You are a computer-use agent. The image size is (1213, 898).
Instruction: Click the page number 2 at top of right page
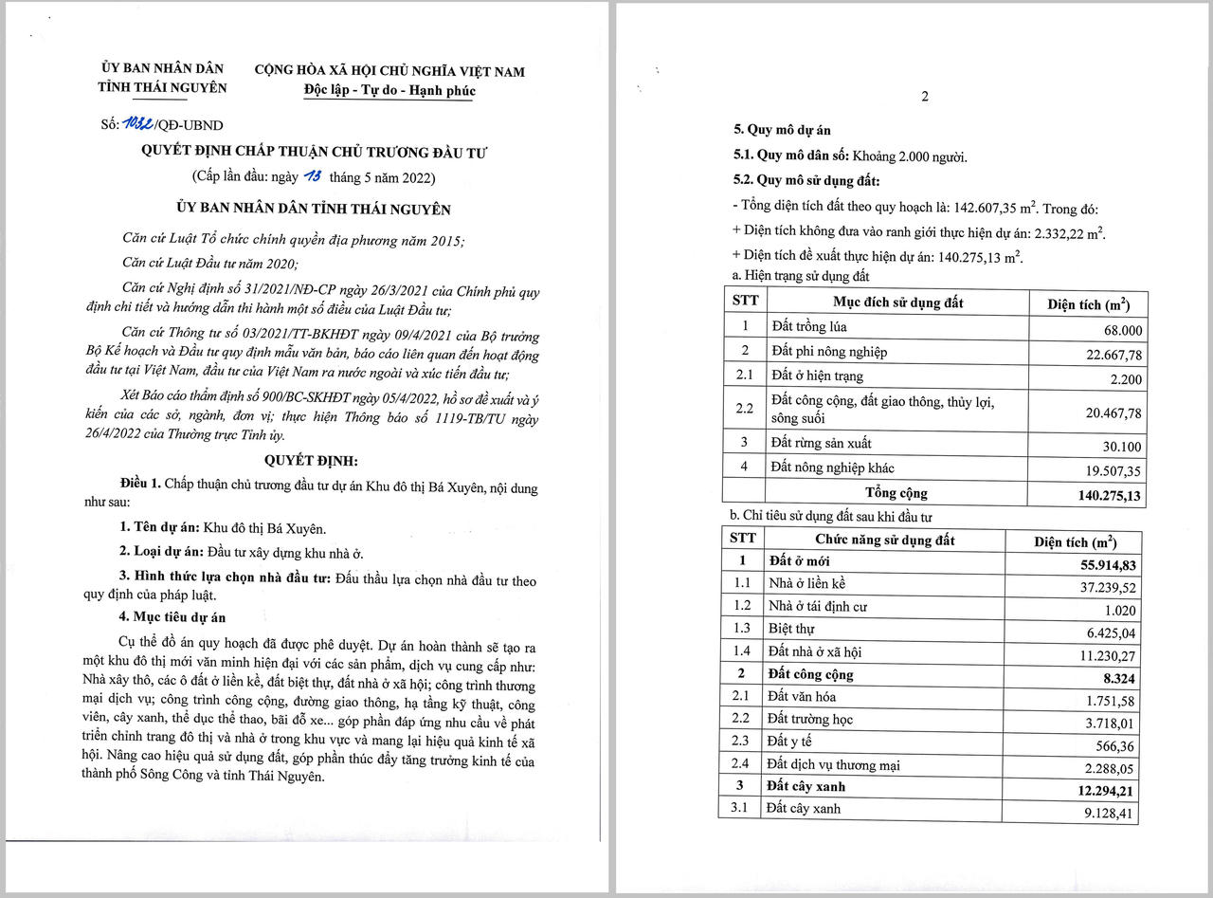click(925, 96)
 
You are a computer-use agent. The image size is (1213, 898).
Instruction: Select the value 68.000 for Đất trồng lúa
click(1119, 331)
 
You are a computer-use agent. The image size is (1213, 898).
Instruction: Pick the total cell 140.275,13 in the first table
click(1109, 495)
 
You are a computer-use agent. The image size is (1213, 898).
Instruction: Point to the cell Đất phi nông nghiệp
click(829, 352)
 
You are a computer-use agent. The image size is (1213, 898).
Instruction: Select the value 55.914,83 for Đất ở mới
click(1102, 564)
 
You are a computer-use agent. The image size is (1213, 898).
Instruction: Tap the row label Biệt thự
click(791, 628)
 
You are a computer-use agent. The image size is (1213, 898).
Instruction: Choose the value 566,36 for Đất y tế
click(1114, 742)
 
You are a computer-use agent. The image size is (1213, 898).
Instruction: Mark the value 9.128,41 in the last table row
click(1104, 812)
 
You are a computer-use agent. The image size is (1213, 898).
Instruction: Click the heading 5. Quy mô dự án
click(782, 130)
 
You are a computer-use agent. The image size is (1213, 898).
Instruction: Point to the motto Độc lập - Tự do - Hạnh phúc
click(389, 91)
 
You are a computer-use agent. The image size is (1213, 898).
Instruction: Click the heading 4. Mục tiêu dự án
click(172, 618)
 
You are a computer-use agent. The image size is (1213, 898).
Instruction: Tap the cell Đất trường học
click(811, 719)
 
